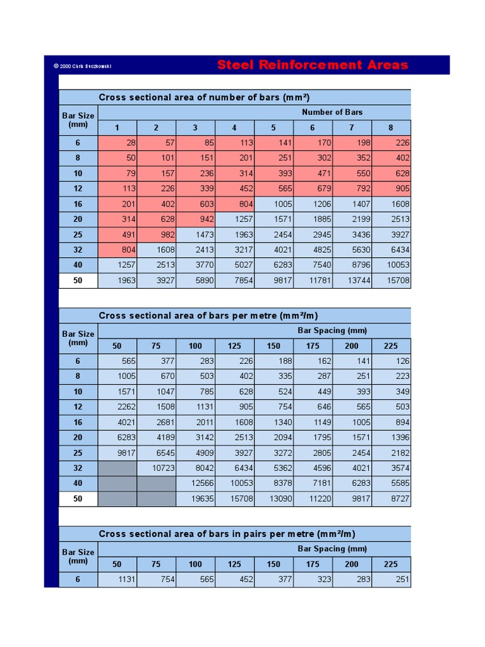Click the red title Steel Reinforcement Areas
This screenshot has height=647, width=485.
pyautogui.click(x=313, y=65)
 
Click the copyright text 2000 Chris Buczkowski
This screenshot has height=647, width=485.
pyautogui.click(x=86, y=66)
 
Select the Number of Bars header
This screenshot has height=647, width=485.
pyautogui.click(x=332, y=112)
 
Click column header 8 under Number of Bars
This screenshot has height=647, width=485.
pyautogui.click(x=390, y=128)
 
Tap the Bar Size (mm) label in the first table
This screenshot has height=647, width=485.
pyautogui.click(x=78, y=120)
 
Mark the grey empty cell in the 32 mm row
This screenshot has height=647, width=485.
pyautogui.click(x=117, y=468)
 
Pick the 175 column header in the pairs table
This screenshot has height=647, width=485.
pyautogui.click(x=313, y=564)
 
